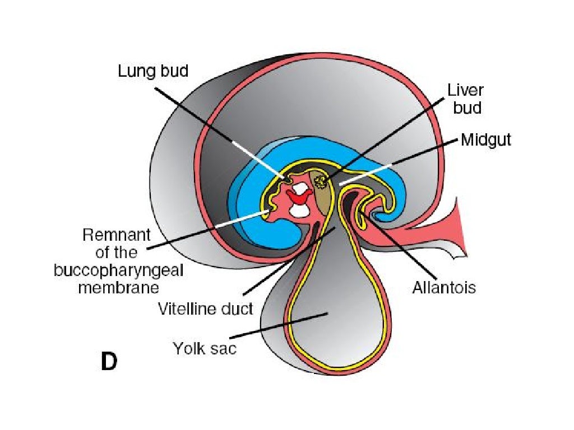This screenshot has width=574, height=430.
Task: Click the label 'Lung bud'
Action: coord(152,71)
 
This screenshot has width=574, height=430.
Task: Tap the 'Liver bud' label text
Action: coord(465,99)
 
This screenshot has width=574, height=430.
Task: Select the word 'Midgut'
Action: coord(486,140)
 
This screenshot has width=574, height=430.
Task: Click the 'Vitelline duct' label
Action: coord(206,308)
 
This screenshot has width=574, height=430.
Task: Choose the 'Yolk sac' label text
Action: coord(205,348)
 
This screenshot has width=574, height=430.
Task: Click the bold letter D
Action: coord(109,362)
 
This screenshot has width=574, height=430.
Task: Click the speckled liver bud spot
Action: coord(321,180)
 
